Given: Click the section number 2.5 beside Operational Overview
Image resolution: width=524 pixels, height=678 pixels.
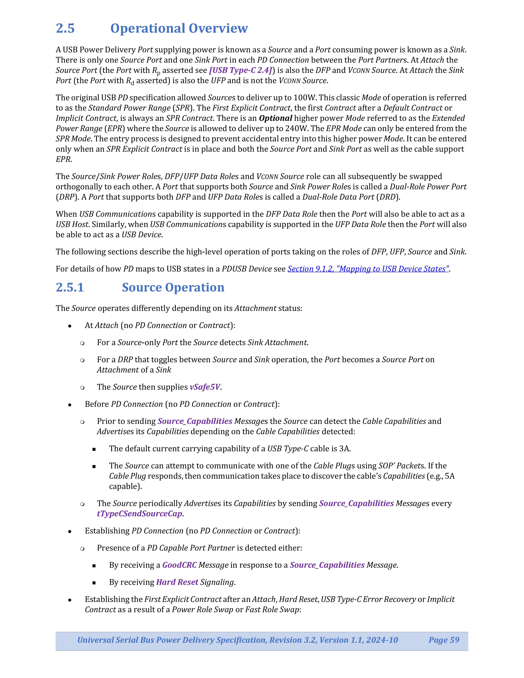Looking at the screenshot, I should [x=65, y=28].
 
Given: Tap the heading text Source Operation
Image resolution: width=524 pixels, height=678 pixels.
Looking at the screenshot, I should [x=173, y=287].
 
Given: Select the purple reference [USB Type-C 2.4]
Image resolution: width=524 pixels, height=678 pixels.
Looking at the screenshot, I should [x=241, y=70].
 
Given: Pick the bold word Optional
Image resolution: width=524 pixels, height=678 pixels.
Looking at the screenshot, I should [x=275, y=118].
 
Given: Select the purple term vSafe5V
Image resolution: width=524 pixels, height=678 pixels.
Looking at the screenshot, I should [x=205, y=387].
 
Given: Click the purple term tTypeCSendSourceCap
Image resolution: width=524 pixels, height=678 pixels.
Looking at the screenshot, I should [x=139, y=514].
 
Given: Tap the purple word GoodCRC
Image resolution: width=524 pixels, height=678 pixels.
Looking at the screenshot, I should [x=179, y=565].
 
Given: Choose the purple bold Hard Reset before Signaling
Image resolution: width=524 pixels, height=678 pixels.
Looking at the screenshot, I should [x=177, y=582].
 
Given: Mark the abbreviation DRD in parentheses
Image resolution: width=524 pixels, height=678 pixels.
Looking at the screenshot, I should [x=387, y=197].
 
